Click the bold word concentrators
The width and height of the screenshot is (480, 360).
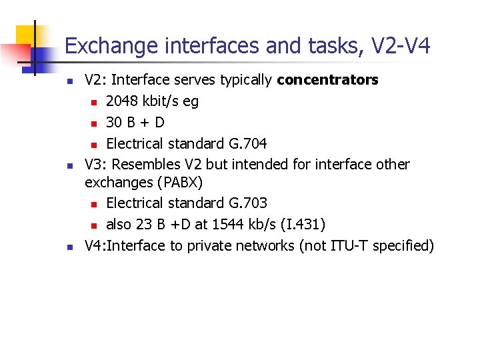(327, 81)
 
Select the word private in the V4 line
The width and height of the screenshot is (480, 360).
(211, 246)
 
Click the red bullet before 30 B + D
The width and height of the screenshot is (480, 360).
(94, 123)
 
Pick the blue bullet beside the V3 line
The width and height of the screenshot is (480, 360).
(69, 165)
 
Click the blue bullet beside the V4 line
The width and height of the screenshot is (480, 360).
(69, 247)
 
